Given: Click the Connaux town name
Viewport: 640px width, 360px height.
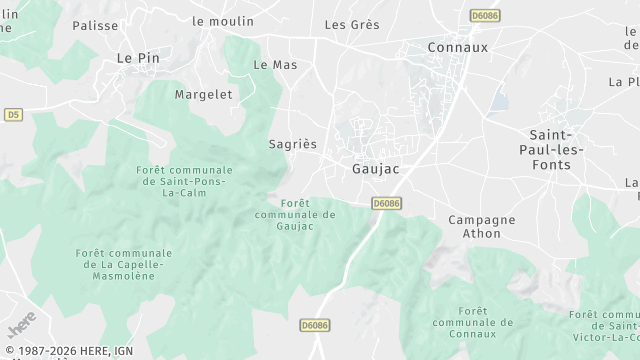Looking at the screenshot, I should [x=457, y=47].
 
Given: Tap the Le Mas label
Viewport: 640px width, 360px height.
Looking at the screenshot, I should [x=275, y=65].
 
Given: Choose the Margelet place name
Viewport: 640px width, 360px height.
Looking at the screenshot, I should [x=203, y=95].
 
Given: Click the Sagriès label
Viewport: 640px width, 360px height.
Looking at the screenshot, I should [x=292, y=144].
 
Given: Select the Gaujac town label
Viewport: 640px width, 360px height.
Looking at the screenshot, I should [x=376, y=169].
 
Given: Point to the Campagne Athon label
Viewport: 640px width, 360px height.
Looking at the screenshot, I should [x=482, y=227].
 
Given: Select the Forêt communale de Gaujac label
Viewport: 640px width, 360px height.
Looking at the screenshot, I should [x=295, y=214].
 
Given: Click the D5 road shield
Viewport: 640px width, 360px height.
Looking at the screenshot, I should [x=13, y=115].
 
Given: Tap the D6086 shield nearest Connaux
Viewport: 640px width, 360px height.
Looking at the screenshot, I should [x=485, y=16].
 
